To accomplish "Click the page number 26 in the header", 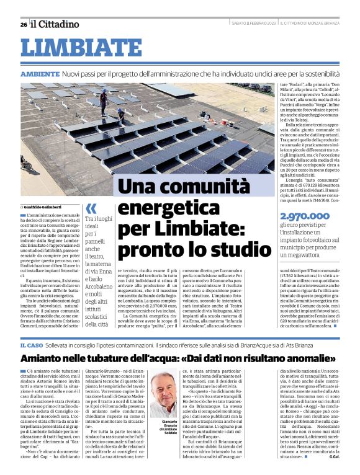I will click(x=24, y=24).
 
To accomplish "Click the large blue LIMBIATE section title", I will click(x=81, y=48).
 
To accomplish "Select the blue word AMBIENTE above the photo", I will click(x=40, y=74).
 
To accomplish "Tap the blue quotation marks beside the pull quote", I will click(x=91, y=208).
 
